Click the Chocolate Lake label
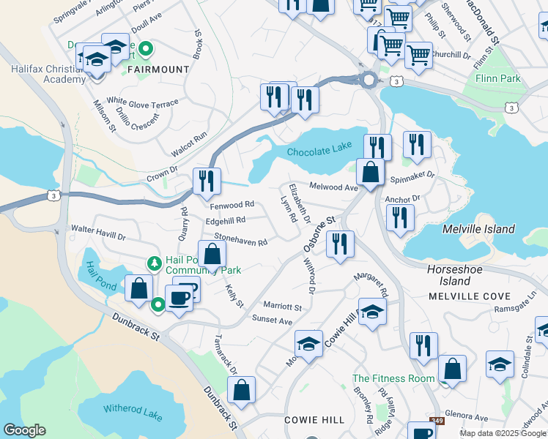tap(315, 152)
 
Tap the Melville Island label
tap(479, 229)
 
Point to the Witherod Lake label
tap(133, 415)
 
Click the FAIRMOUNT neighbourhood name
tap(158, 70)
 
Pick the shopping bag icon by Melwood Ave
tap(371, 173)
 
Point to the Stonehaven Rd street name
tap(240, 239)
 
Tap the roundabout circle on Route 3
tap(369, 80)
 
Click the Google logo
tap(25, 430)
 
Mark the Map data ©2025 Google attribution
tap(503, 433)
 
